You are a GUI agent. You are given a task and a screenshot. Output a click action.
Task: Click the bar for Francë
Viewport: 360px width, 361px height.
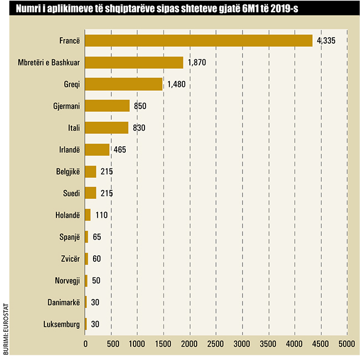[x=199, y=41]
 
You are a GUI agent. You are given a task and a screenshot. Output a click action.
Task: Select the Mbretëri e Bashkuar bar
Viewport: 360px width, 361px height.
[x=134, y=63]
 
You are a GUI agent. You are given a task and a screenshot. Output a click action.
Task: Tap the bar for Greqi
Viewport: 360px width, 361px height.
[x=124, y=84]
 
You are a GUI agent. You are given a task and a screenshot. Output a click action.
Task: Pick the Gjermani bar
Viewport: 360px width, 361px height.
[x=107, y=106]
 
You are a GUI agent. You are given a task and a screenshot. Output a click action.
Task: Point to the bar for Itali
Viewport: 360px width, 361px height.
[x=107, y=128]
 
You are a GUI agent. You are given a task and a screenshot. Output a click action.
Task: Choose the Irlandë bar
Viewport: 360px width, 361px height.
[x=97, y=149]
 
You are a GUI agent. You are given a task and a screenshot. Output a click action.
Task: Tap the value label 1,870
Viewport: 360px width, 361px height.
[x=197, y=63]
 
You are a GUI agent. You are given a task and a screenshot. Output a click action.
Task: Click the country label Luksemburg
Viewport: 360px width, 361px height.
[x=63, y=324]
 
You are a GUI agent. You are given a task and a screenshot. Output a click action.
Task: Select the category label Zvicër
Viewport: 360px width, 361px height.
[x=70, y=258]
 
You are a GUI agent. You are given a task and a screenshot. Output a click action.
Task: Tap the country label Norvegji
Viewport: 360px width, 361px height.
[x=66, y=280]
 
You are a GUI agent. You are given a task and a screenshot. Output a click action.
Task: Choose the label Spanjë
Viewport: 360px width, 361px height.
[x=69, y=236]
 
